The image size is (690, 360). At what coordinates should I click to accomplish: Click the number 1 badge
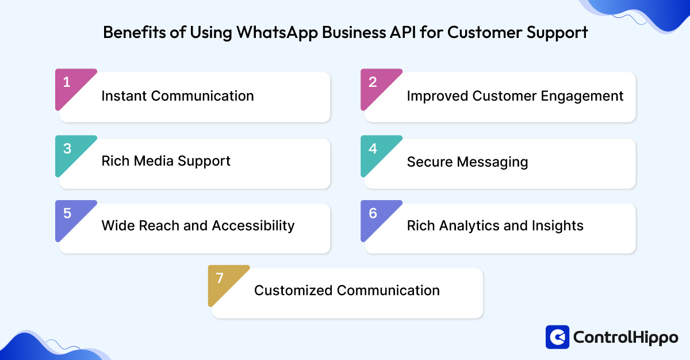coord(67,83)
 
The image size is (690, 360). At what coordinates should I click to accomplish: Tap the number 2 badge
coord(373,83)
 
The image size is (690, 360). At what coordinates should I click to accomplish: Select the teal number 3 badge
coord(67,149)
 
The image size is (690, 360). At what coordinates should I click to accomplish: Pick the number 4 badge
coord(373,149)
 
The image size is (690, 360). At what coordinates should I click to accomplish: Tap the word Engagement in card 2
coord(587,96)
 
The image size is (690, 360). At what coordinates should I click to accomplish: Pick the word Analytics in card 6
coord(462,226)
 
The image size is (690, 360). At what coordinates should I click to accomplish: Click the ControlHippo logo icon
coord(557,338)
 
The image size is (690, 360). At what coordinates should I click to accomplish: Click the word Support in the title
coord(557,33)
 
